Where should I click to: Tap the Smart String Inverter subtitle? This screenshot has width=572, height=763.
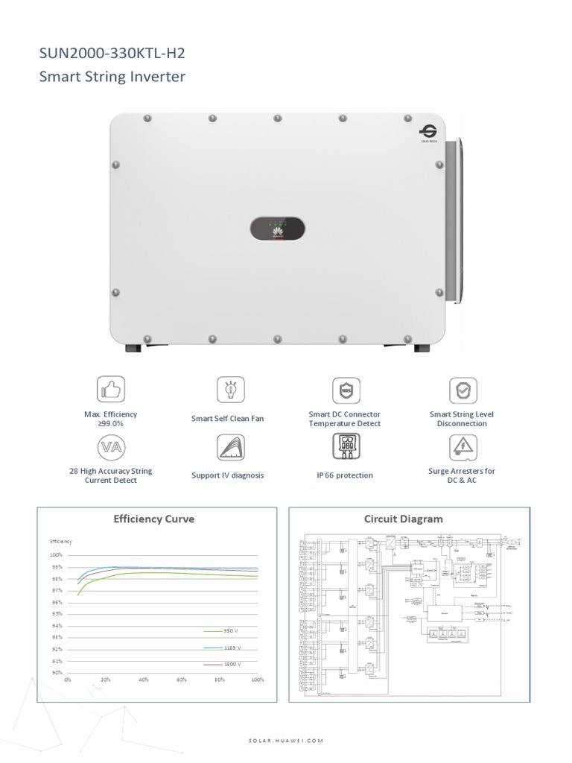112,76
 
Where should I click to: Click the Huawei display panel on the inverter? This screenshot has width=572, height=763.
276,228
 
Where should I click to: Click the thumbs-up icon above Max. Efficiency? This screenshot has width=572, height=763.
111,390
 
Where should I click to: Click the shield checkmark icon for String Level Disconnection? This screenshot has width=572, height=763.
463,390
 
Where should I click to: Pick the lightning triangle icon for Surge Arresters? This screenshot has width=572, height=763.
463,447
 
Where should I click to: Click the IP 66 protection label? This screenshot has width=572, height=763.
345,475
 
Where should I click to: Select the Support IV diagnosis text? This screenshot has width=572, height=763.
227,475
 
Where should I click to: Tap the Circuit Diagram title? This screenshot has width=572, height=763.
403,519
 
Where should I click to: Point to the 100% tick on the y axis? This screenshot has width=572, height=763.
55,555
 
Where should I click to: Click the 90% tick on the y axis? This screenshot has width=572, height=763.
56,673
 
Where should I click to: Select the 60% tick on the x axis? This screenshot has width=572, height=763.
182,681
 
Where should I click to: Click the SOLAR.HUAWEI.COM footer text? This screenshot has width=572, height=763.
286,741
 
